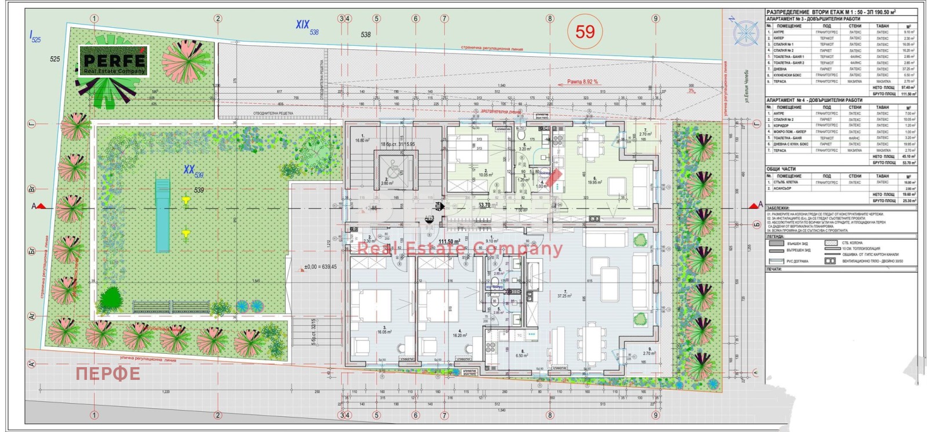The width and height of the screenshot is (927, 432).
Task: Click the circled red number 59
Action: pos(585,31)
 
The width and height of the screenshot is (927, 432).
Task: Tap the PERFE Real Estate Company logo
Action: pos(114,61)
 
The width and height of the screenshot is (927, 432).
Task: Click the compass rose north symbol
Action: pos(746,32)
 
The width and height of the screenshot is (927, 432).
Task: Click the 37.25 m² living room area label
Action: pos(564,295)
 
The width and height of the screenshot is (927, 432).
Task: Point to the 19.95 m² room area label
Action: pos(594,182)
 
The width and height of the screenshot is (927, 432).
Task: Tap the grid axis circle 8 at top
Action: pos(550,19)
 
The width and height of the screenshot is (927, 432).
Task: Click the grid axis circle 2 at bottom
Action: pos(218,415)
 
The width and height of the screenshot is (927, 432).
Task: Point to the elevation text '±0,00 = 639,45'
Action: pos(320,267)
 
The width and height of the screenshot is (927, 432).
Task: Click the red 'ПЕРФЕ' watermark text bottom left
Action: pos(108,374)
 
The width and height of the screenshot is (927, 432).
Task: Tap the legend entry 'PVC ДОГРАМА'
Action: pos(798,261)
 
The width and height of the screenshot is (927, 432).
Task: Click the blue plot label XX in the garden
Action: pos(189,170)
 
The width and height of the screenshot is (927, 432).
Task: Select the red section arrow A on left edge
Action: pos(39,206)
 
